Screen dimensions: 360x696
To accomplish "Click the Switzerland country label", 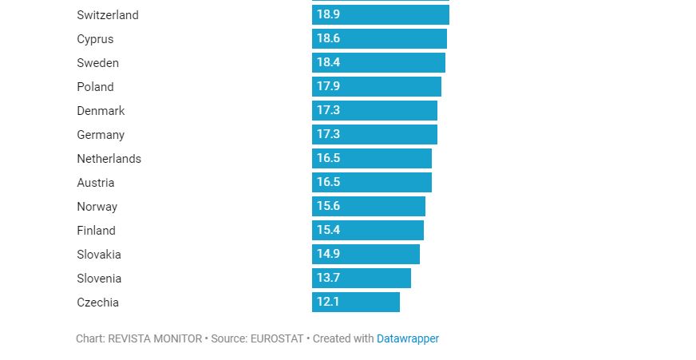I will [x=108, y=15].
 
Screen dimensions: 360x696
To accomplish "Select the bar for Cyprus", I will [x=379, y=39].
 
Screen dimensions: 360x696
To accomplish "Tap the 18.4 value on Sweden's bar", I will [x=328, y=63].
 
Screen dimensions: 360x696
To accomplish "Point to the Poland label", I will [x=95, y=87].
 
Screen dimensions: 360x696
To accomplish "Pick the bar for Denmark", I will [x=374, y=111].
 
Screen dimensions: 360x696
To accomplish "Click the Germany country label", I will [x=101, y=135].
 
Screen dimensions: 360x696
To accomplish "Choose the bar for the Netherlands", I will [x=371, y=159].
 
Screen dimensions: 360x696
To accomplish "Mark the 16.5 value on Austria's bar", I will [x=328, y=183].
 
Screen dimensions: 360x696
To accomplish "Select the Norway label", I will [x=97, y=207].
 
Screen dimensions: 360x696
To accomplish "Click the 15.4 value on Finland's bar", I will [x=328, y=231].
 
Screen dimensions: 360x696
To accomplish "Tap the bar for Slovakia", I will [x=366, y=255].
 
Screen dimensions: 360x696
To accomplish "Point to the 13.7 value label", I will [x=328, y=279].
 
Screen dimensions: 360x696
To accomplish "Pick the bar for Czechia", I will [x=355, y=303].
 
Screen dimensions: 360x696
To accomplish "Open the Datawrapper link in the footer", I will [x=408, y=338].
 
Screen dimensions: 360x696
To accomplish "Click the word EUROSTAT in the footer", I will [x=277, y=338].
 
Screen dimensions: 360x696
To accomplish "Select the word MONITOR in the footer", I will [x=177, y=338].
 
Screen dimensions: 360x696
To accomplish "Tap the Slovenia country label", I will [x=99, y=279].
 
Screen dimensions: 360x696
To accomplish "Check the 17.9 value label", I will [x=328, y=87].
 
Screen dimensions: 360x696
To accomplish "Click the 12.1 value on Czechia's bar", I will [x=328, y=303].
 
